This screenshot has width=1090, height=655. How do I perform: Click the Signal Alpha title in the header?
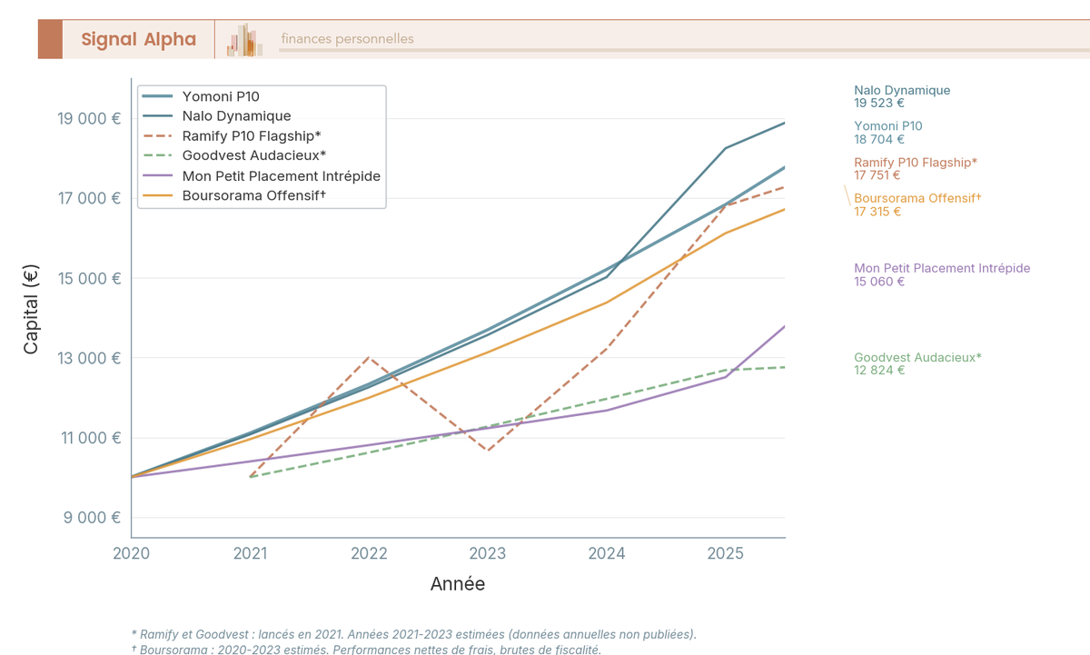tap(138, 39)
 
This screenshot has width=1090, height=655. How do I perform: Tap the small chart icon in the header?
tap(245, 40)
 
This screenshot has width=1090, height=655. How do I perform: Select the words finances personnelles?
tap(347, 39)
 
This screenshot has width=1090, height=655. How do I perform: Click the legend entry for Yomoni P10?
tap(221, 96)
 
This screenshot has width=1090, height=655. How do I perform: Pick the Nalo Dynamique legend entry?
tap(236, 116)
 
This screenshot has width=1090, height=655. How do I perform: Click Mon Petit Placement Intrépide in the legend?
tap(281, 175)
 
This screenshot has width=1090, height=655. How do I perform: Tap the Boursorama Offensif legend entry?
tap(253, 195)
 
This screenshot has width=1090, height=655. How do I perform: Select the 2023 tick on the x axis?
tap(488, 553)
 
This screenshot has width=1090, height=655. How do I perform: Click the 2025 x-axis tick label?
tap(726, 553)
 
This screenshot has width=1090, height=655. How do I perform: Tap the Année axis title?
tap(458, 584)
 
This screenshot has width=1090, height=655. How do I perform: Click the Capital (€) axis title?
tap(31, 309)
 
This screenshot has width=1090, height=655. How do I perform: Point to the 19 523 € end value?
tap(879, 104)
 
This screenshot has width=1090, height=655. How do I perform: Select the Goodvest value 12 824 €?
tap(879, 371)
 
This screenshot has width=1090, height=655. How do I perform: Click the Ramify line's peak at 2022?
tap(369, 357)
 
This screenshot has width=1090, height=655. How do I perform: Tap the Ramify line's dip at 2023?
tap(488, 451)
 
